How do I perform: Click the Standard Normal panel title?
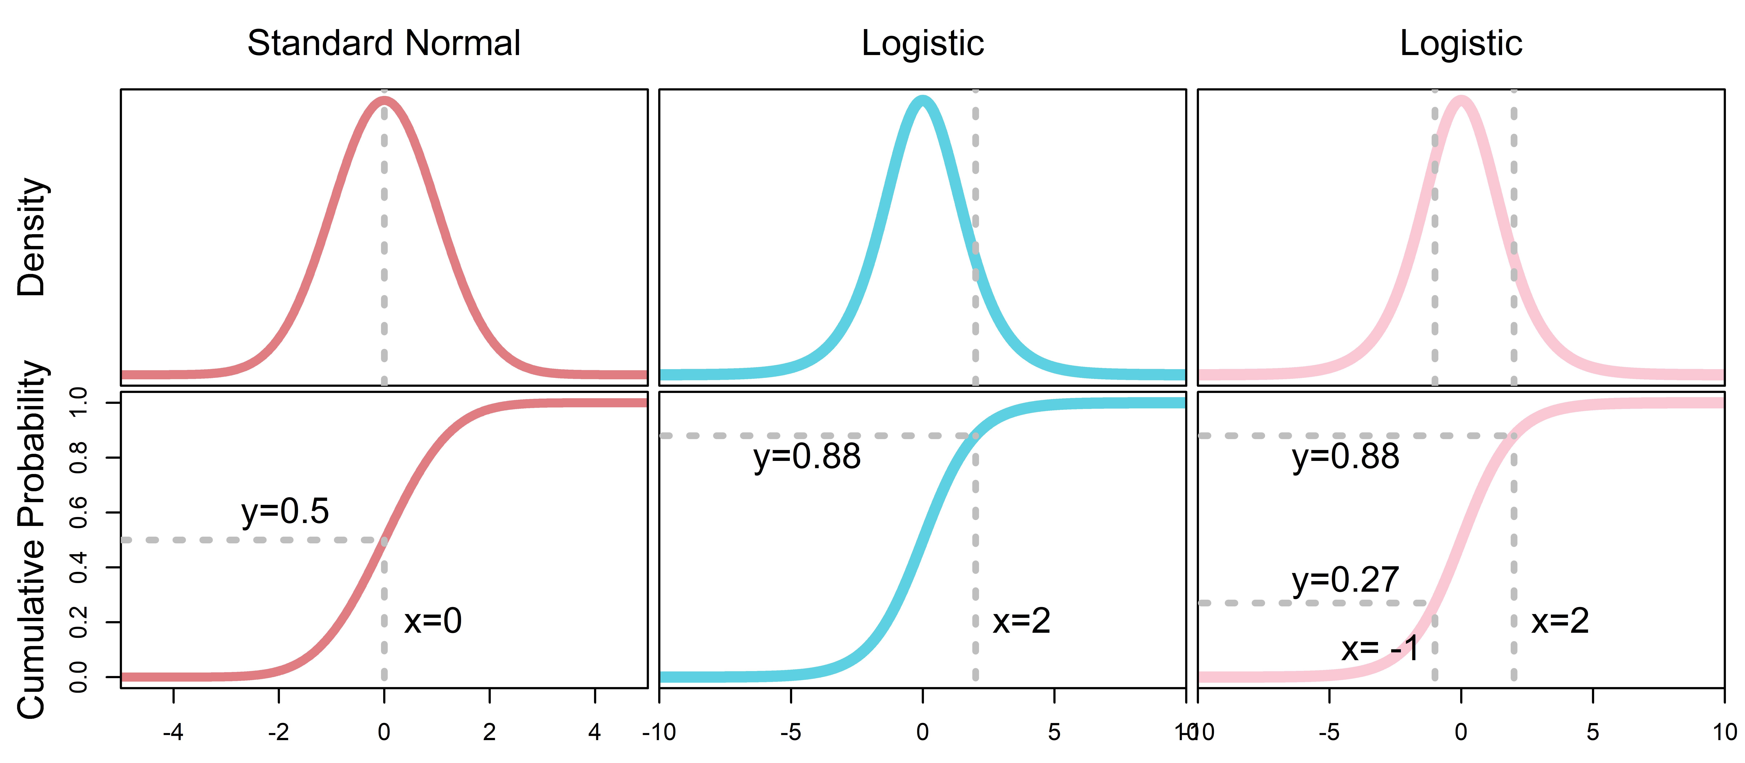pyautogui.click(x=383, y=43)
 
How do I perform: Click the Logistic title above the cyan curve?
pyautogui.click(x=923, y=43)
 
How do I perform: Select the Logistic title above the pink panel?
pyautogui.click(x=1461, y=43)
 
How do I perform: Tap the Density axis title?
pyautogui.click(x=31, y=237)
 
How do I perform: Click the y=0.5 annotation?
pyautogui.click(x=285, y=512)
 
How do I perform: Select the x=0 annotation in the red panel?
pyautogui.click(x=433, y=621)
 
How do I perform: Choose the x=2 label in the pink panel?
pyautogui.click(x=1560, y=621)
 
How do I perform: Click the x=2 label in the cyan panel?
pyautogui.click(x=1022, y=621)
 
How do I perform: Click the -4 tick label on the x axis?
pyautogui.click(x=173, y=732)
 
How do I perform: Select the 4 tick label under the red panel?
pyautogui.click(x=595, y=732)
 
